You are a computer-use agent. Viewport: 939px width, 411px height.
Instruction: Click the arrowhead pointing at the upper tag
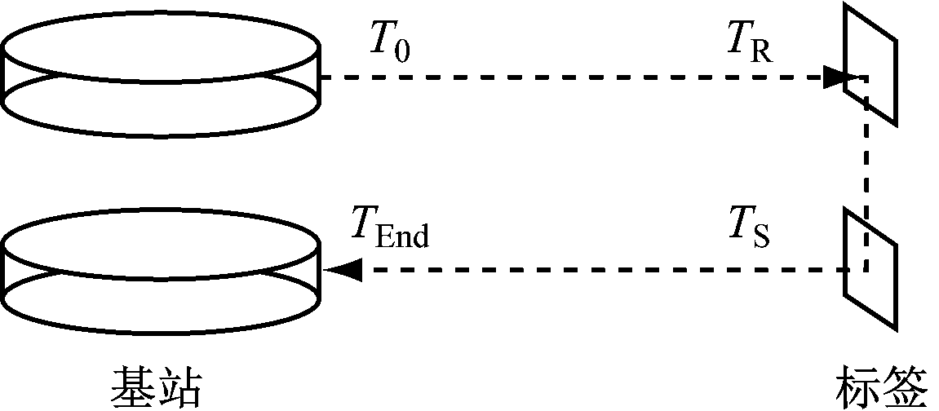pyautogui.click(x=835, y=77)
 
